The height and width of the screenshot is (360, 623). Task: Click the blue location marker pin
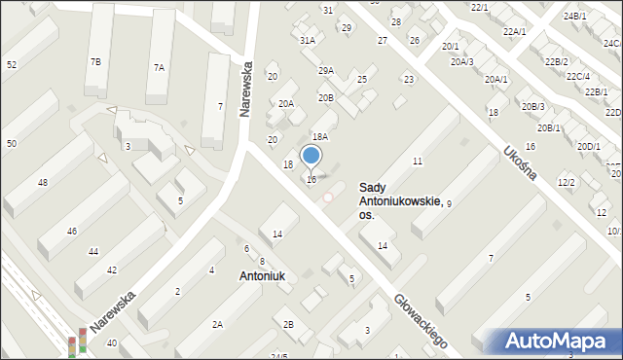311,156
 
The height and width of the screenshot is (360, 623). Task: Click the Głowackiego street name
421,321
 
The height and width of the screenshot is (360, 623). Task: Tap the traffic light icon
76,342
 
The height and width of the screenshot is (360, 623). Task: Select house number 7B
95,62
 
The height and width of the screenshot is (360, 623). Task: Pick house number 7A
159,67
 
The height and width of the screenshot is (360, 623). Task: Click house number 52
12,64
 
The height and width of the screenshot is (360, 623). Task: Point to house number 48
43,183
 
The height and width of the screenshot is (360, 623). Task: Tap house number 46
72,231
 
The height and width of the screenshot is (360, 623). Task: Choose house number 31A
308,41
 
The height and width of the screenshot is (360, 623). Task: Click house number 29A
325,70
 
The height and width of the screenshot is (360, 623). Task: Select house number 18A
319,137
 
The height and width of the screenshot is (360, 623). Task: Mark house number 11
417,161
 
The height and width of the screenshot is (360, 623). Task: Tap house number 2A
218,324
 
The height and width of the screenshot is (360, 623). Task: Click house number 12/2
566,183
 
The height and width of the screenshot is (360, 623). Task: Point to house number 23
409,80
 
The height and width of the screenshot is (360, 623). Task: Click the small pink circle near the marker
328,198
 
